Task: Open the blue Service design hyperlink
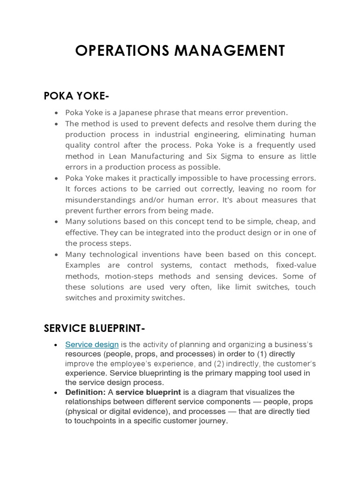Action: click(92, 345)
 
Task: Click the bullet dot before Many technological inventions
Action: click(56, 255)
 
